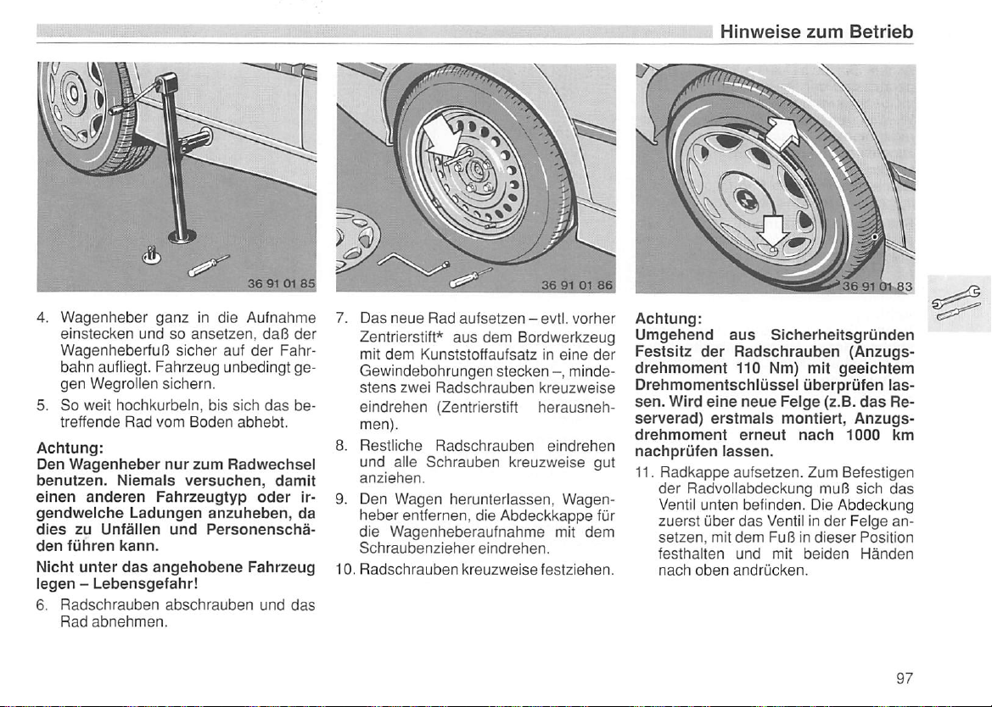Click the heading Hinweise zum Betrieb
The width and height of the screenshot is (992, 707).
point(816,32)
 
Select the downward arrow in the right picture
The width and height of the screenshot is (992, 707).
point(773,232)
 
